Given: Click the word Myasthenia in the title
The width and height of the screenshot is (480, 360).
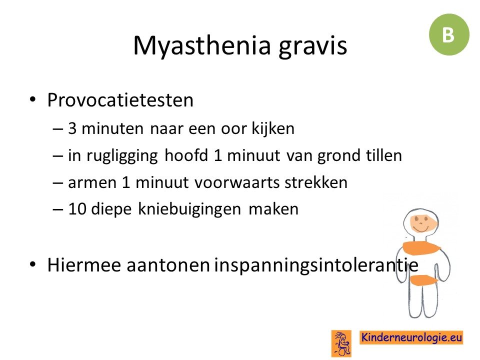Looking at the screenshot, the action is pos(202,46).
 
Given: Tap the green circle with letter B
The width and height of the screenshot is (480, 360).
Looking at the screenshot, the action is pos(449,34).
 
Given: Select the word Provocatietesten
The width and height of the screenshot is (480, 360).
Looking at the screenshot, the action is pos(120,100).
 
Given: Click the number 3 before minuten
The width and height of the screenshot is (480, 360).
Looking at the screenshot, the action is pos(72,128).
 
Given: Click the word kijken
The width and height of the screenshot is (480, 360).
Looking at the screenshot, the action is pos(273,128).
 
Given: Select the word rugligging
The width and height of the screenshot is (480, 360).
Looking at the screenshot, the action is pos(122,156).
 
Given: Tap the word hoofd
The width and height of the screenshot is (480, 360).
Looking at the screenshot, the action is pos(186,155).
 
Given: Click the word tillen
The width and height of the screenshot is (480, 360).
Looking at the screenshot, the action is pos(384,155).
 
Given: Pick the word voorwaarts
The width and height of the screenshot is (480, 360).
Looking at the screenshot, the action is pos(237,183).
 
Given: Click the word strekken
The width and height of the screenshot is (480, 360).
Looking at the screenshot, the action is pos(316,182).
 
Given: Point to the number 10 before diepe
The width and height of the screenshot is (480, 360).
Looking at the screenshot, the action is pos(77,209).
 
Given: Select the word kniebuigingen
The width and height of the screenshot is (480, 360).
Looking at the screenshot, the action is pos(189,210).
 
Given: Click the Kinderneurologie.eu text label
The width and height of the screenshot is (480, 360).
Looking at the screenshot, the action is pos(411,337).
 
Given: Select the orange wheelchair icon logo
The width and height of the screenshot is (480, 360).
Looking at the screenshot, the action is pos(341,343).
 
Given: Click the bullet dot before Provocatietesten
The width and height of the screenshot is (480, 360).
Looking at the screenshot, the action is pos(32,99).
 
